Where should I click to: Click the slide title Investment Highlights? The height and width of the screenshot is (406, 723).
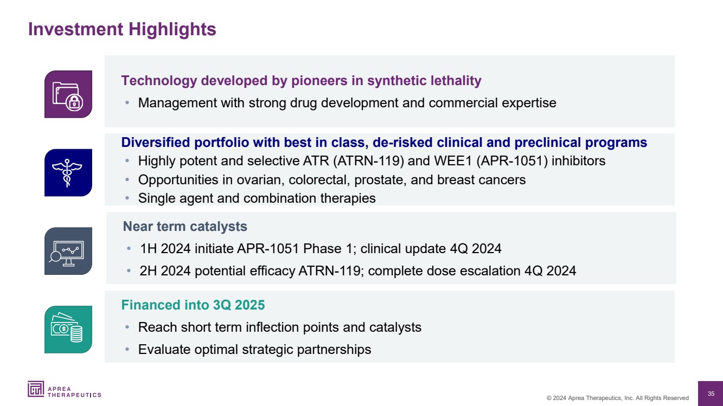[122, 29]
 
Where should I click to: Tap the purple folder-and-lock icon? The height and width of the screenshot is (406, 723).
[68, 94]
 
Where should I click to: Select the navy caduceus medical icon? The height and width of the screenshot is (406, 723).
[68, 172]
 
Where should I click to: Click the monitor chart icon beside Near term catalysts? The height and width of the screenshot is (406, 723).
[68, 251]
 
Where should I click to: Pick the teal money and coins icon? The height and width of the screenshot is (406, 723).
[68, 329]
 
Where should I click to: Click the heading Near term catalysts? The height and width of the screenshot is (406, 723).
[185, 227]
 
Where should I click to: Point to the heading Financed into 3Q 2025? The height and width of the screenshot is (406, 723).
[193, 305]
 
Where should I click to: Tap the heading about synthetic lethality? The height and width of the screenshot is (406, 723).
[301, 81]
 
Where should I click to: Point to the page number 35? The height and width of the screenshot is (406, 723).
[711, 394]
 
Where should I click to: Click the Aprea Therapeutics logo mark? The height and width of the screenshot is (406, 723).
[36, 389]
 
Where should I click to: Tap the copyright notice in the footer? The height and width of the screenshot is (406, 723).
[617, 398]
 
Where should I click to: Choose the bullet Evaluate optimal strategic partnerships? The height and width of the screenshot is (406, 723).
[255, 350]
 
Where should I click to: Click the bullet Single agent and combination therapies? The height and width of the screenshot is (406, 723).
[257, 198]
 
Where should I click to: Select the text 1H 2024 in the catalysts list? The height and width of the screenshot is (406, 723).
[165, 249]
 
